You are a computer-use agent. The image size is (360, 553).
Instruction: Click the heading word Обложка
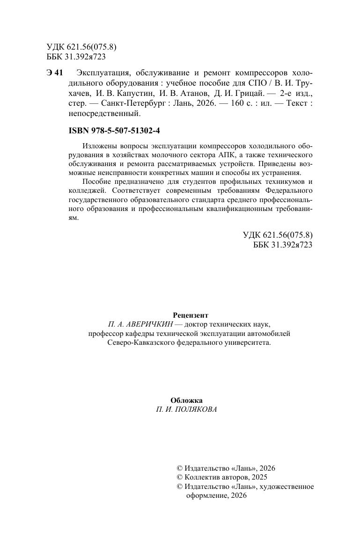tap(186, 400)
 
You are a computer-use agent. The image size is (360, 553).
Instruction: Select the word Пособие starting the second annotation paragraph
tap(96, 182)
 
